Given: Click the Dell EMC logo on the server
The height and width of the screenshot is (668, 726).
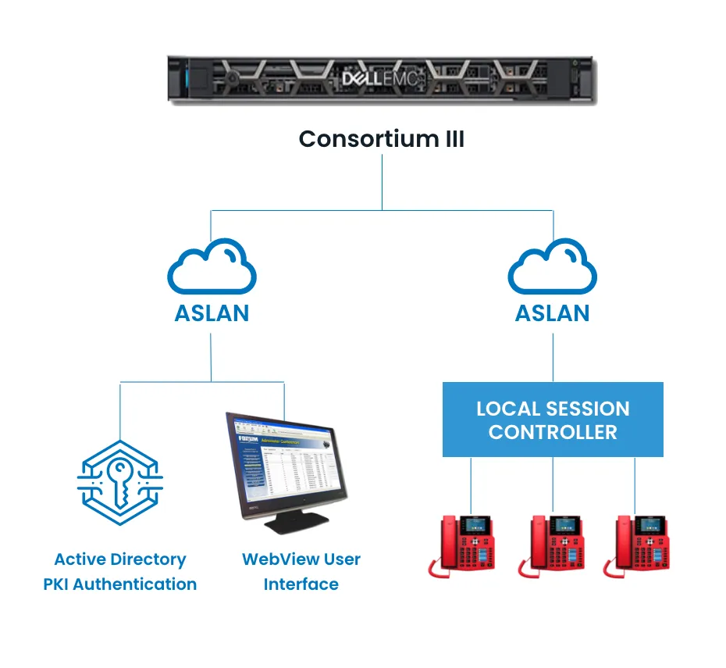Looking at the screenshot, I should click(x=382, y=78).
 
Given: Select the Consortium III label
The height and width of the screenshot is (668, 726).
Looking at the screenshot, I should click(x=382, y=139).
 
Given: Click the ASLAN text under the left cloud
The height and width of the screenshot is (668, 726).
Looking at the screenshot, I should click(x=212, y=313).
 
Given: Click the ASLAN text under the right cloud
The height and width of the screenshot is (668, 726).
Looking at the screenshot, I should click(x=553, y=313).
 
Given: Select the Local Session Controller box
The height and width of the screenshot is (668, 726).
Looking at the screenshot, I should click(x=553, y=420).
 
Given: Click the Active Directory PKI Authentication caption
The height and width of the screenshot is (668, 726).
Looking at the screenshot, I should click(x=119, y=571).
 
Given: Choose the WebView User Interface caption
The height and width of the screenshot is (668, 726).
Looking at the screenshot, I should click(x=301, y=571).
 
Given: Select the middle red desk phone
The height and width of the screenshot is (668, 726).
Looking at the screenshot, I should click(x=553, y=545).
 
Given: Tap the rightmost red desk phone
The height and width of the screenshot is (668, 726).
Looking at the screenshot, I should click(x=641, y=545).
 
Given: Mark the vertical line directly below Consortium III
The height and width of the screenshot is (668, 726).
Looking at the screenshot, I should click(x=382, y=181).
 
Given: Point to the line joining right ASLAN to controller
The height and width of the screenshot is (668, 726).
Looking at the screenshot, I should click(x=553, y=358).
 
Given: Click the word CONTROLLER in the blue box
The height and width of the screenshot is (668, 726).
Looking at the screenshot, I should click(x=553, y=432).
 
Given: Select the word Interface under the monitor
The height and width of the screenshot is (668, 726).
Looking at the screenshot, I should click(x=301, y=584).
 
